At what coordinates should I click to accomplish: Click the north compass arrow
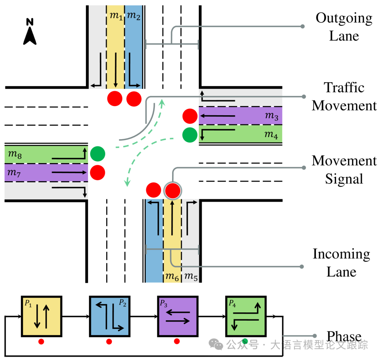30,32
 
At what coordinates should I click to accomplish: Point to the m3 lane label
271,116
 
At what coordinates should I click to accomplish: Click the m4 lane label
271,134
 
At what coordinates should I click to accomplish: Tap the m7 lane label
14,173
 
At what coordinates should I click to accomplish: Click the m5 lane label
191,277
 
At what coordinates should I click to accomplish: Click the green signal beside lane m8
97,154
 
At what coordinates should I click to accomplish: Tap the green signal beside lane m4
190,134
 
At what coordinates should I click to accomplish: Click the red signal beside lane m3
190,116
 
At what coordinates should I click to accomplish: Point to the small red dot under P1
41,341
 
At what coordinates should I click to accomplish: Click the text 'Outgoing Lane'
344,27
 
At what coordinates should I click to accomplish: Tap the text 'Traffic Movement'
344,97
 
